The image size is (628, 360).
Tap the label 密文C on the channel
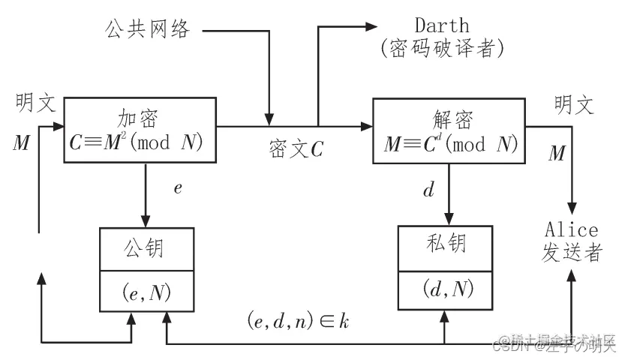(x=296, y=148)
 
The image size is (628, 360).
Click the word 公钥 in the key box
(x=146, y=246)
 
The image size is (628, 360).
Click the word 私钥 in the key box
(x=449, y=244)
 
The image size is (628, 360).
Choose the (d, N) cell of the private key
(x=449, y=287)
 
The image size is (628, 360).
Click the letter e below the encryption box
(x=178, y=188)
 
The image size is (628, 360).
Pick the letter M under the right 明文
(x=556, y=154)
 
